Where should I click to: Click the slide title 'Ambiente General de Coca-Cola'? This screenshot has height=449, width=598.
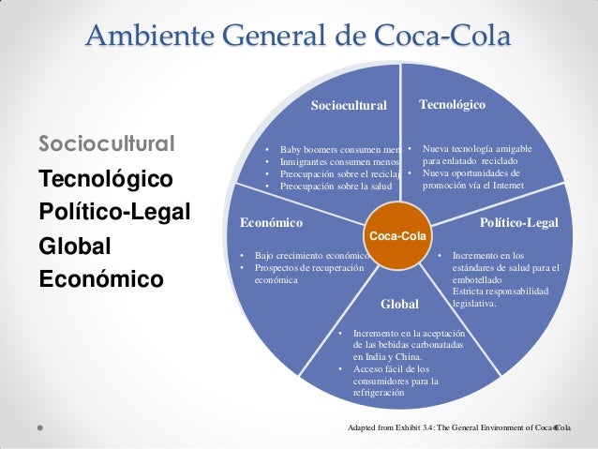pyautogui.click(x=298, y=37)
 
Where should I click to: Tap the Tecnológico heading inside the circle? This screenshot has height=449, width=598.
pyautogui.click(x=453, y=105)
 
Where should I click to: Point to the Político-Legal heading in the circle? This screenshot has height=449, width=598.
pyautogui.click(x=518, y=223)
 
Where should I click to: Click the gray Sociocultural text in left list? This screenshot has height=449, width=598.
pyautogui.click(x=106, y=144)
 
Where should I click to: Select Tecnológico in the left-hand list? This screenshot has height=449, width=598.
pyautogui.click(x=106, y=178)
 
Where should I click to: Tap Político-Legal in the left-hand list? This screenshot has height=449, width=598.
pyautogui.click(x=114, y=211)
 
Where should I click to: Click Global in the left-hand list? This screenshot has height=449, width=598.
pyautogui.click(x=74, y=246)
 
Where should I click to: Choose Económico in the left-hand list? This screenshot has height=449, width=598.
pyautogui.click(x=100, y=279)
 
